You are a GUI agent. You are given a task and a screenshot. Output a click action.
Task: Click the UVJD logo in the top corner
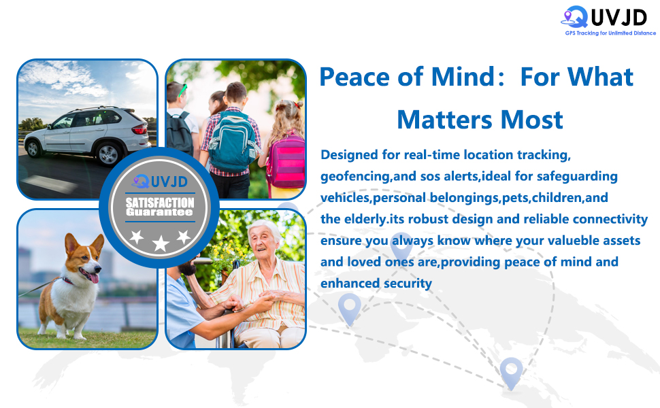pyautogui.click(x=604, y=18)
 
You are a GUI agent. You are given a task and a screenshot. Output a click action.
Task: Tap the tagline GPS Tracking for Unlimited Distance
pyautogui.click(x=610, y=33)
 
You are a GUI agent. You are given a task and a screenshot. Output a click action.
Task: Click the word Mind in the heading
pyautogui.click(x=463, y=77)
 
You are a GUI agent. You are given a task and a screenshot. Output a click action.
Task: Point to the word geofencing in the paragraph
pyautogui.click(x=356, y=177)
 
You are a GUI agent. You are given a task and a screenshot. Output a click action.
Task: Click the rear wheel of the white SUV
pyautogui.click(x=109, y=154)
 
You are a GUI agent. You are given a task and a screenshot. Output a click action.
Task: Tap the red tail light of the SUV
pyautogui.click(x=139, y=129)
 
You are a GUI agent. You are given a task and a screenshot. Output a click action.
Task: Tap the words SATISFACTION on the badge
pyautogui.click(x=160, y=203)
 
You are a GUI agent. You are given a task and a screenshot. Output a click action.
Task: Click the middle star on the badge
pyautogui.click(x=161, y=243)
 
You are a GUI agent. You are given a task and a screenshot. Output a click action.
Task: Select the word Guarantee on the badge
pyautogui.click(x=159, y=212)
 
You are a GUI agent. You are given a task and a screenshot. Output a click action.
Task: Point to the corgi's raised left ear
pyautogui.click(x=99, y=244)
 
